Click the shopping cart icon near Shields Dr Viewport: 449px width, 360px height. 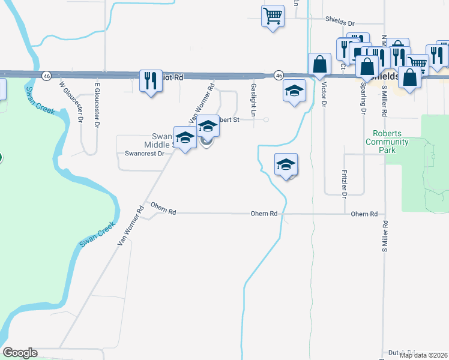(273, 16)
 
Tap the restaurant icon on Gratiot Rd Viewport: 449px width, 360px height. (150, 80)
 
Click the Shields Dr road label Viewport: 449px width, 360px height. (341, 19)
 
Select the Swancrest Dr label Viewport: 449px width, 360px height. (144, 154)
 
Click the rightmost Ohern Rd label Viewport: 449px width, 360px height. (364, 214)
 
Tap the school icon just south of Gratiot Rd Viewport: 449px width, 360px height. (294, 91)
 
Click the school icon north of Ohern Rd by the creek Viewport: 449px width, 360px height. (286, 165)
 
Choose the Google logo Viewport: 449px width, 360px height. (20, 353)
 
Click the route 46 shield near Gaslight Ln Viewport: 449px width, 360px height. (279, 76)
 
